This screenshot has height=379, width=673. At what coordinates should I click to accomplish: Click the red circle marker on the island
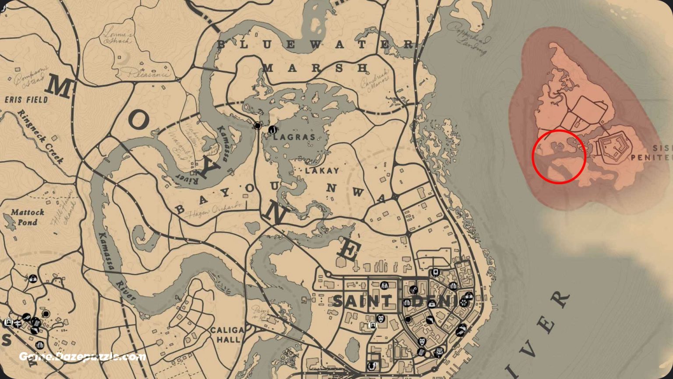(559, 157)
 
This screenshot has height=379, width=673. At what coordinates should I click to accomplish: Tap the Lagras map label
(294, 137)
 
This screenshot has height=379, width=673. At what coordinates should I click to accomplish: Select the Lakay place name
(322, 171)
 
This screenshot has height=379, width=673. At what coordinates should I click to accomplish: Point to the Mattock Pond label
(28, 217)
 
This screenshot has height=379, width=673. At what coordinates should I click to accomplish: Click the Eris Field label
(26, 100)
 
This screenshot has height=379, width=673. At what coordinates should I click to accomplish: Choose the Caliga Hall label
(227, 334)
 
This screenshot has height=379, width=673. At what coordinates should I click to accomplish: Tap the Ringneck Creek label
(41, 136)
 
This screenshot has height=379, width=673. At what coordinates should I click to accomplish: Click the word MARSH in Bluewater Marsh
(315, 68)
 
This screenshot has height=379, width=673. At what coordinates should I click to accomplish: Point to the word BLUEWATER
(315, 44)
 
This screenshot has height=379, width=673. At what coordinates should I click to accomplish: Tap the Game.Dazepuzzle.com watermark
(82, 356)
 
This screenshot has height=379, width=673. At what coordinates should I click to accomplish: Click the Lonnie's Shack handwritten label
(117, 36)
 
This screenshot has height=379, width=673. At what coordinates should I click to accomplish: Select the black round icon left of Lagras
(258, 126)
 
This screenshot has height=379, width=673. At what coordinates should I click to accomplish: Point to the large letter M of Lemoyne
(59, 86)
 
